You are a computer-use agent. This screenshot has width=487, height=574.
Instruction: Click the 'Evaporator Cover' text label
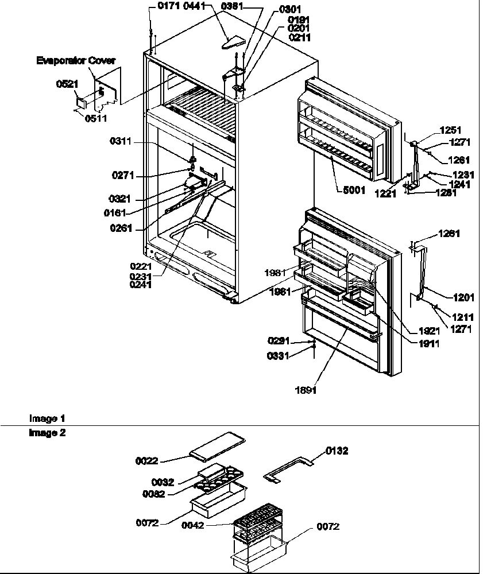(x=76, y=60)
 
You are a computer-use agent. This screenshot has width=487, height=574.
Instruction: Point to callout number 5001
(x=355, y=191)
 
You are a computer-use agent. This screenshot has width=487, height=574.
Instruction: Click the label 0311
(x=122, y=141)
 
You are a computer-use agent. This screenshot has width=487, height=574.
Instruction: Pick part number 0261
(x=123, y=228)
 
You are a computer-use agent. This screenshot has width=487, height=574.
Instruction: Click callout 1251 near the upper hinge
(x=450, y=130)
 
